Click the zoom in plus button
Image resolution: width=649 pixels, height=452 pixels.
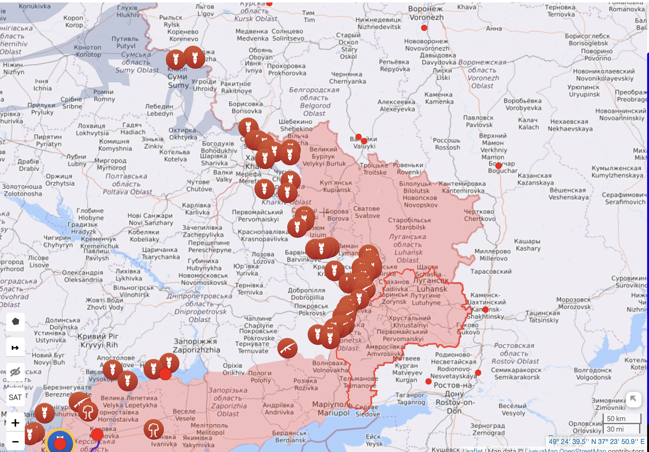click(x=15, y=423)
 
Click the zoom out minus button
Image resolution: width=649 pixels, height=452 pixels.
click(x=15, y=441)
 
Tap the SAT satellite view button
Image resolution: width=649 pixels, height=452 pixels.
click(x=15, y=397)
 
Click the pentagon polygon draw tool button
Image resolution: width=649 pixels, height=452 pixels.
click(x=15, y=322)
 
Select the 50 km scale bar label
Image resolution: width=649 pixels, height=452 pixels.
click(x=616, y=419)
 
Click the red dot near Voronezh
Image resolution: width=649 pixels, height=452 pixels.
click(x=424, y=28)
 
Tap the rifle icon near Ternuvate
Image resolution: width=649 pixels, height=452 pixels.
click(x=287, y=348)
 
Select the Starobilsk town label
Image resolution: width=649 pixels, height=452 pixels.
click(x=410, y=224)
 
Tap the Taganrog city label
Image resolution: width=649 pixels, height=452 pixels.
click(x=411, y=399)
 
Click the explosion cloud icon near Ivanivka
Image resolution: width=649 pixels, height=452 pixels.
click(x=154, y=429)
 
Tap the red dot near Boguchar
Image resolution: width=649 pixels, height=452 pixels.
click(x=499, y=166)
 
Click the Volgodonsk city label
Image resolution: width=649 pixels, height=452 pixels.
click(x=593, y=374)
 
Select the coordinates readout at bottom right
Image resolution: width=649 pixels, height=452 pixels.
click(x=596, y=441)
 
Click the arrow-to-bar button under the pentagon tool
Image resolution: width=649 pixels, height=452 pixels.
click(x=15, y=348)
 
